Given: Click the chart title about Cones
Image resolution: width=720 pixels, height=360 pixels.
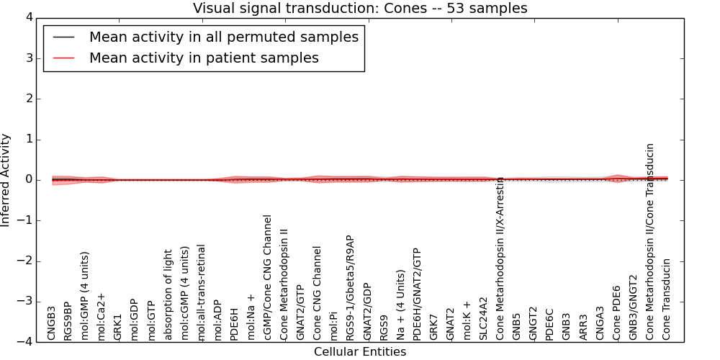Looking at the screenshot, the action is [360, 8].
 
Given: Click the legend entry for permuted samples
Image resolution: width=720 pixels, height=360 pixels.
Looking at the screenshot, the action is [224, 37].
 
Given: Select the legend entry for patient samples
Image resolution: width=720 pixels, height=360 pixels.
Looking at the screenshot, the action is [204, 58].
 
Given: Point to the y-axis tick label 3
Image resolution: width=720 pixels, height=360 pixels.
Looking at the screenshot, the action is [30, 58].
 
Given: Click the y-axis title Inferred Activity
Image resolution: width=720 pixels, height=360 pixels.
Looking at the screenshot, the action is [5, 180].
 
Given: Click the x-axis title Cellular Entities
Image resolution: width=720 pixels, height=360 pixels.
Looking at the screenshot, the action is [360, 352].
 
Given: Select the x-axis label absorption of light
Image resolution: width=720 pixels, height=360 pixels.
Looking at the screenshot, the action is [168, 294].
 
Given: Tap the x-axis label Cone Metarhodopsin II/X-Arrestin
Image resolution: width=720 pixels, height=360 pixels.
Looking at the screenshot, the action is [500, 258].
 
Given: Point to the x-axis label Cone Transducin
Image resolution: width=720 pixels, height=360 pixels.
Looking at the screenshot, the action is [666, 300].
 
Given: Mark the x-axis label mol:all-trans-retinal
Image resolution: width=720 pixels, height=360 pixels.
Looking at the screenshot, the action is [201, 292].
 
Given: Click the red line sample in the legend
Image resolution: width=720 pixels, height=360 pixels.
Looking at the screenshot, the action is [64, 58].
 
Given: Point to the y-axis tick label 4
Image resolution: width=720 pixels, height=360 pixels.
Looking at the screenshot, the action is [30, 18].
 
